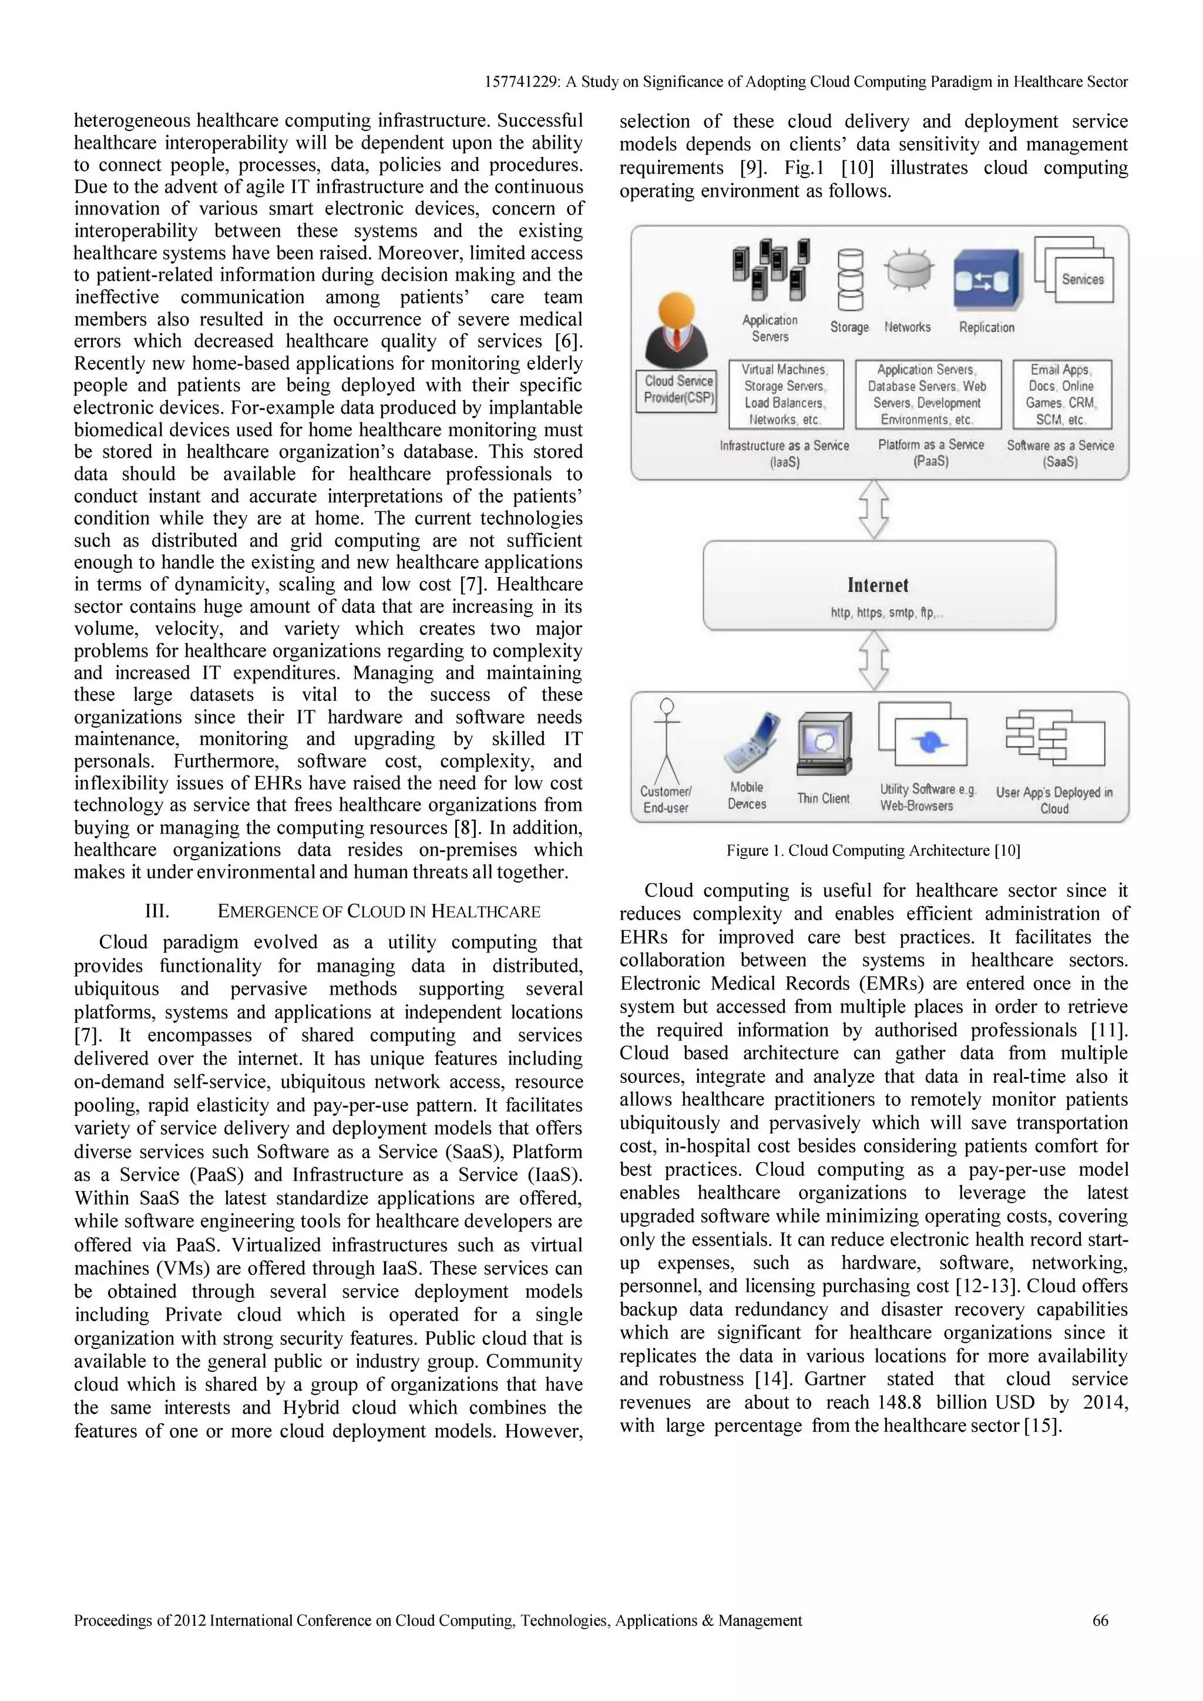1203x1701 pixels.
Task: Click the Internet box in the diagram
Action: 879,585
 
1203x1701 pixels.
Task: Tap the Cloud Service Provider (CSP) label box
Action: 678,390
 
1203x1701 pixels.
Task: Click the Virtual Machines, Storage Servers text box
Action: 785,394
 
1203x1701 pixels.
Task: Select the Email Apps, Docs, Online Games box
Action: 1061,394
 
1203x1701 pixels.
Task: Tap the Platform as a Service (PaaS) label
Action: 931,452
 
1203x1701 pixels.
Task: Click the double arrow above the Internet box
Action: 874,509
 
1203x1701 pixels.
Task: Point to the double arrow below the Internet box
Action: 874,659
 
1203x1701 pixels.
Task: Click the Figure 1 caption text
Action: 873,851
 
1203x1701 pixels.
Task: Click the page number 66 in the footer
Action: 1100,1621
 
